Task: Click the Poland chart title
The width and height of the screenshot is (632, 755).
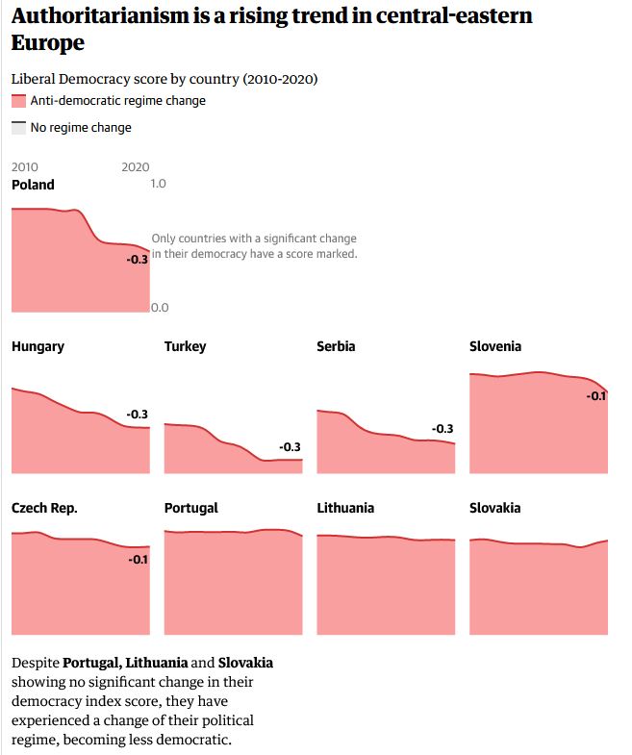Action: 33,185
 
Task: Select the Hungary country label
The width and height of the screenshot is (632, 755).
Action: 38,346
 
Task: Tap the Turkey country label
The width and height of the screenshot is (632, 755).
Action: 185,346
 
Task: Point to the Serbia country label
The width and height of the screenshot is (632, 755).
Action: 336,346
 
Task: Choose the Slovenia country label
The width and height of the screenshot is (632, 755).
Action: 495,346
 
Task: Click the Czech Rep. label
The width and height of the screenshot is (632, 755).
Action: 44,508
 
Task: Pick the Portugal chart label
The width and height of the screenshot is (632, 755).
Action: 190,508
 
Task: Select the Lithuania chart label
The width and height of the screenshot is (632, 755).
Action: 345,508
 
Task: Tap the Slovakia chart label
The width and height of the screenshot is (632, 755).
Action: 494,508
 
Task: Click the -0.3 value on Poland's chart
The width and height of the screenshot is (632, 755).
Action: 138,260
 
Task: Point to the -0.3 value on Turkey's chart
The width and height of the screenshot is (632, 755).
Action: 290,447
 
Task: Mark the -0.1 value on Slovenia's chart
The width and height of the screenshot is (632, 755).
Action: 596,395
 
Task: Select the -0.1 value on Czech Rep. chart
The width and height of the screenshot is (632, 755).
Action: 138,560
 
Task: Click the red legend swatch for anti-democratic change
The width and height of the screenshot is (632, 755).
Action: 18,101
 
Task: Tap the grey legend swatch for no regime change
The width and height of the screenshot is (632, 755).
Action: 18,127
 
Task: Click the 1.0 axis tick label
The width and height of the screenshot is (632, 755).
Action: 159,183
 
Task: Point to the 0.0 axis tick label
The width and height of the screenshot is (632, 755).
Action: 159,308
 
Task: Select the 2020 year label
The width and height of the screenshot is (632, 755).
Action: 136,166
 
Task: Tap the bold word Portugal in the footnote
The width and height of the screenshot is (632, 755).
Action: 91,663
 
